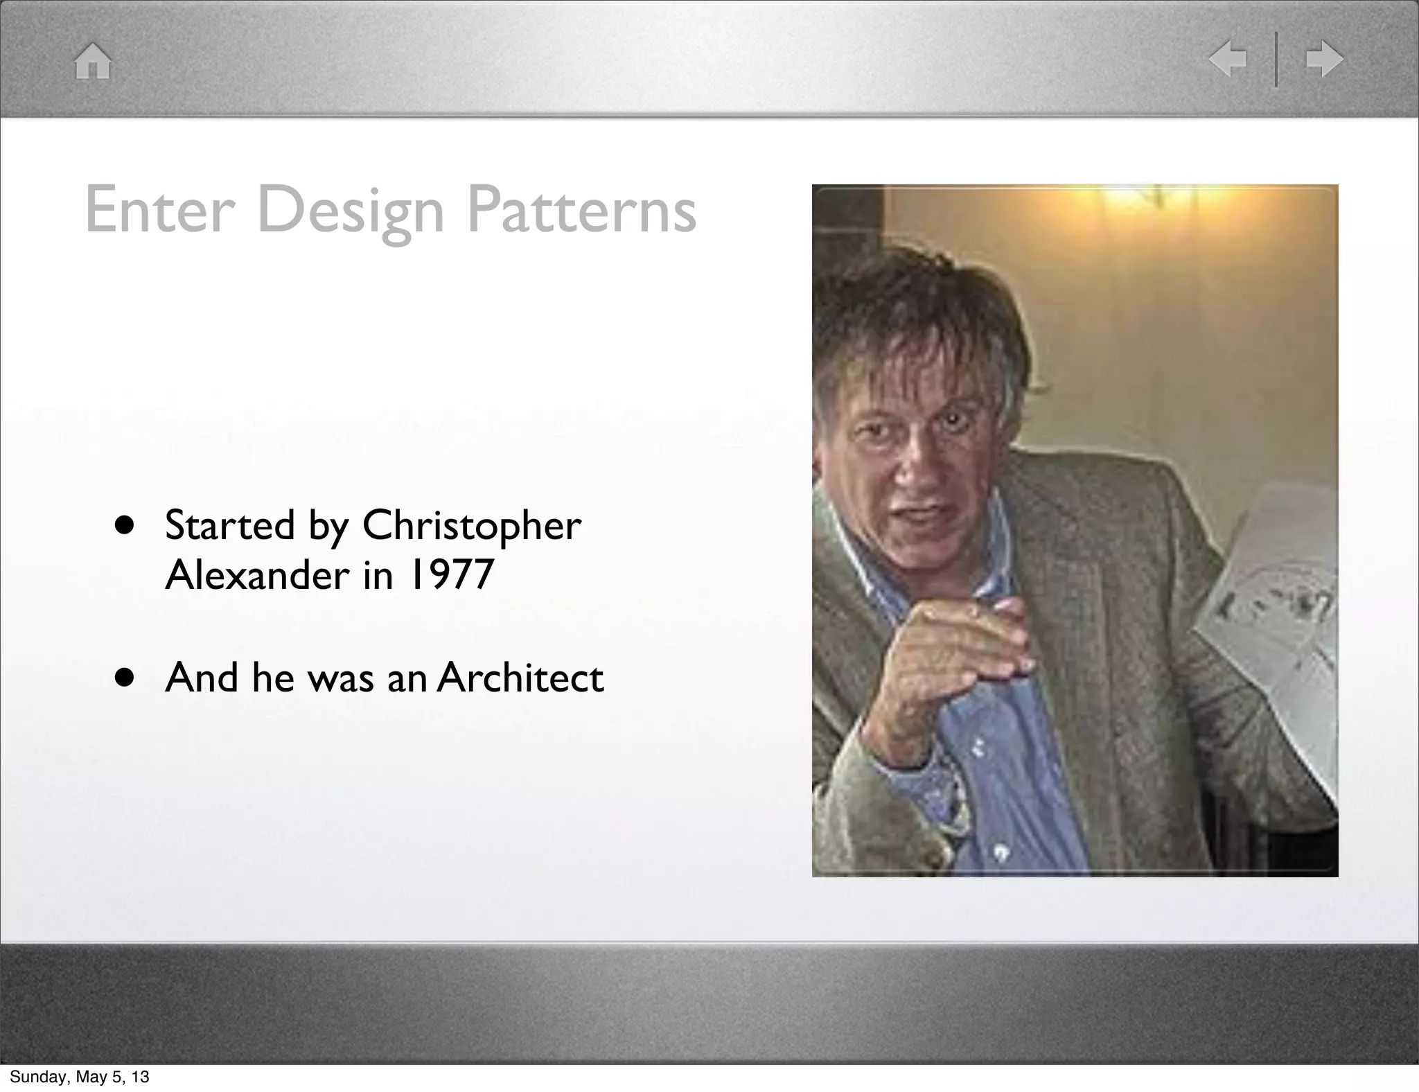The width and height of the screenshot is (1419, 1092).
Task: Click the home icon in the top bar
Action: click(93, 61)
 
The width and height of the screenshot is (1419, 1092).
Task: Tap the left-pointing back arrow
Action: click(1228, 59)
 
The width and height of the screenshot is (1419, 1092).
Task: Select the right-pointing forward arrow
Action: click(1324, 59)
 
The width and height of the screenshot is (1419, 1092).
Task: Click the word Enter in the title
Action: click(157, 209)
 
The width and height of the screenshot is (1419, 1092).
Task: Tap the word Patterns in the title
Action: click(581, 209)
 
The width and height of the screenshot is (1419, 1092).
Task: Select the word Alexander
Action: click(257, 574)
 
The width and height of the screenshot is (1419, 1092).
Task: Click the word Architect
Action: click(520, 678)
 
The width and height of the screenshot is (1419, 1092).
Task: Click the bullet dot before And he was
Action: click(125, 678)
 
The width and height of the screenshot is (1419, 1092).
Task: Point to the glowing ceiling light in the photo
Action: click(1136, 201)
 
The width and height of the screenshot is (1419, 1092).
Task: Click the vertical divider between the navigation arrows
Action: click(1276, 59)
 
